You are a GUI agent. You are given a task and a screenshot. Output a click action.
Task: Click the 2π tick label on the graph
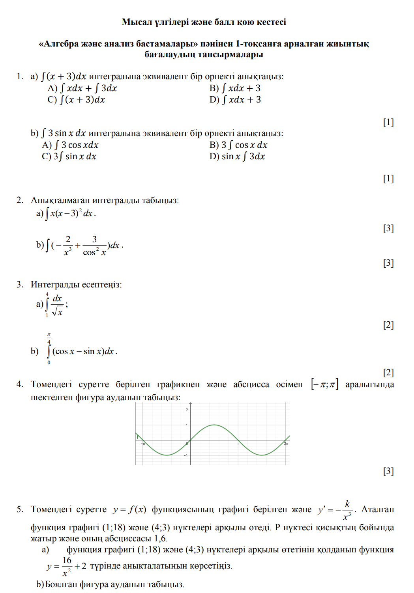pyautogui.click(x=286, y=444)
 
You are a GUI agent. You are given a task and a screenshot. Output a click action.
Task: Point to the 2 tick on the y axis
pyautogui.click(x=187, y=410)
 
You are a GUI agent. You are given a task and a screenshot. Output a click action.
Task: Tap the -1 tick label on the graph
pyautogui.click(x=186, y=455)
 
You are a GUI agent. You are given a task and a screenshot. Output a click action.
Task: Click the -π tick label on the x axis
pyautogui.click(x=143, y=444)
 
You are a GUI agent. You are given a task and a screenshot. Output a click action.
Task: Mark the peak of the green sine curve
pyautogui.click(x=214, y=425)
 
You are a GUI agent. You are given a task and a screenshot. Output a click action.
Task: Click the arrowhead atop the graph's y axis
pyautogui.click(x=191, y=404)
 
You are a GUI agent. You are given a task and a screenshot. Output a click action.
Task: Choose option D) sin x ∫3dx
pyautogui.click(x=237, y=157)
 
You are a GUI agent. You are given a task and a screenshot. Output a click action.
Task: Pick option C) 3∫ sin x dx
pyautogui.click(x=69, y=157)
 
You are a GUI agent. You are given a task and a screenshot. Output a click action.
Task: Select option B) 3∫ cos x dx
pyautogui.click(x=238, y=145)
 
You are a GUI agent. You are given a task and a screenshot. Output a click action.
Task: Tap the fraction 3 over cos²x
pyautogui.click(x=94, y=246)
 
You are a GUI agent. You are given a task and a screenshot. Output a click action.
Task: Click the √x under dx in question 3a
pyautogui.click(x=58, y=312)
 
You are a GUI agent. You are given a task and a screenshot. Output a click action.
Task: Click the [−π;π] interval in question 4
pyautogui.click(x=324, y=384)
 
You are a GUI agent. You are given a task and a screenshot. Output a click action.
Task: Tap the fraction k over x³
pyautogui.click(x=347, y=510)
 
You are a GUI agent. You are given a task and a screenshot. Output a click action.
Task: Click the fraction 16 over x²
pyautogui.click(x=67, y=567)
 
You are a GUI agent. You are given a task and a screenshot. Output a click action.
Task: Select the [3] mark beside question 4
pyautogui.click(x=388, y=471)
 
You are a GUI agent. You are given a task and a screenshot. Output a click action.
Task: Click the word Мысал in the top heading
pyautogui.click(x=137, y=22)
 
